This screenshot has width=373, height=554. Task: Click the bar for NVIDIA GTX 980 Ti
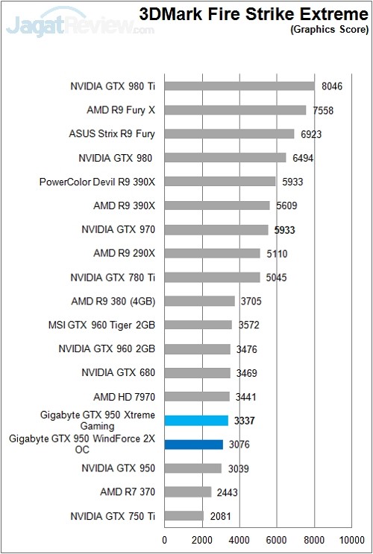239,86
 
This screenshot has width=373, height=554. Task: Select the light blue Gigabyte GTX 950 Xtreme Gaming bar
196,421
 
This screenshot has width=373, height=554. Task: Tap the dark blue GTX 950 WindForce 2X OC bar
193,445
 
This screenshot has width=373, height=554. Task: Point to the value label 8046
332,86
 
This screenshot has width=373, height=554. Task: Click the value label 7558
324,110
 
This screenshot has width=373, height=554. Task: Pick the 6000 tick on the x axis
276,540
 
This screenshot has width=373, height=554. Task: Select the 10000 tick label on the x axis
351,540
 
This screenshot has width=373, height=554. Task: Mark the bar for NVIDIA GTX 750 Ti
184,515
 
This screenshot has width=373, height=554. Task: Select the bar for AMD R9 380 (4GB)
199,301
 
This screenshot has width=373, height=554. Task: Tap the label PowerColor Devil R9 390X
98,182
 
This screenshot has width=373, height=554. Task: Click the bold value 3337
244,421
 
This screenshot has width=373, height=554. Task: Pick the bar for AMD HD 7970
196,396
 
